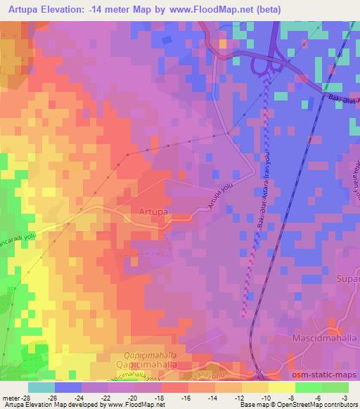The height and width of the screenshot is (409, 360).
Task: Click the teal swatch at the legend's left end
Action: click(41, 387)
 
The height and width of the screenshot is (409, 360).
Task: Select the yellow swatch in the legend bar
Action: click(281, 387)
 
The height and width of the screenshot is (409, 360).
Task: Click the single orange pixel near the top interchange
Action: click(223, 44)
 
